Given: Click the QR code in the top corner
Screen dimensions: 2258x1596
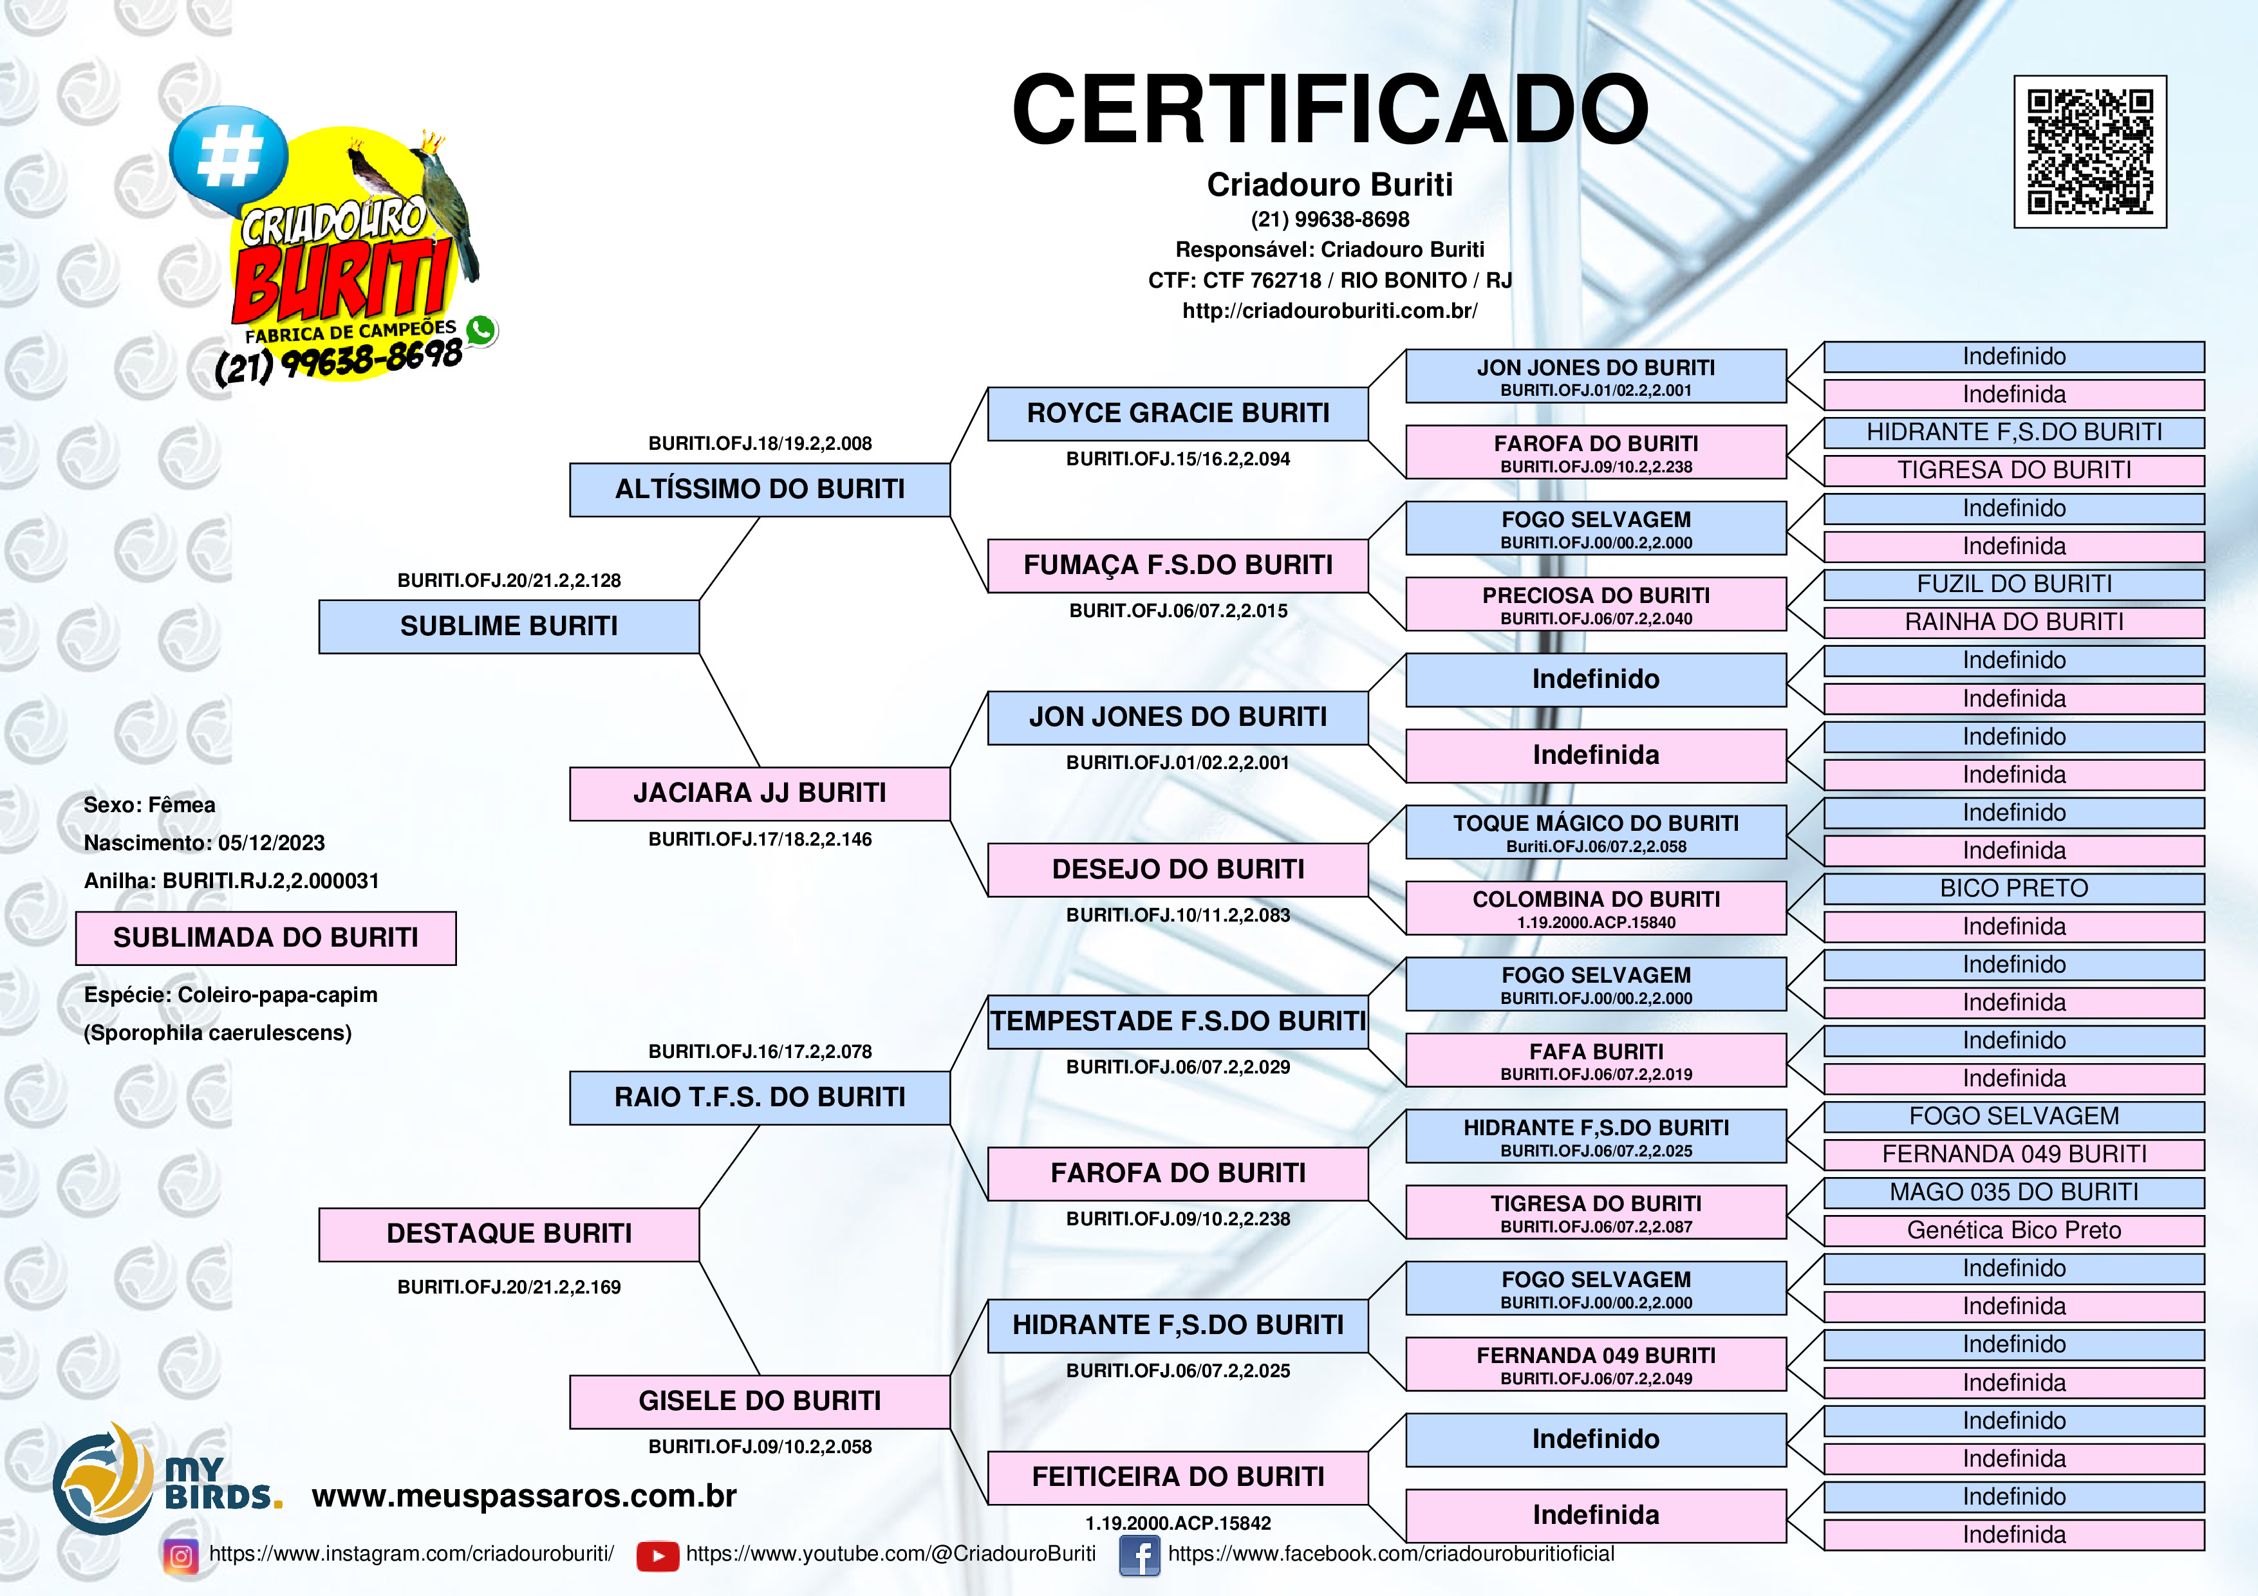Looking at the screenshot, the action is (2090, 151).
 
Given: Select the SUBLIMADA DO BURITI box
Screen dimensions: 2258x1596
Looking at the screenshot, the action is (266, 938).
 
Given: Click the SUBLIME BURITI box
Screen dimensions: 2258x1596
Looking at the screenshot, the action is (509, 626).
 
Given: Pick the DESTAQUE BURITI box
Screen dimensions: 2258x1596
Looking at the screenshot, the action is (509, 1234).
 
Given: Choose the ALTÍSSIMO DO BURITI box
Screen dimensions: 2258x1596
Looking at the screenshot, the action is (760, 490).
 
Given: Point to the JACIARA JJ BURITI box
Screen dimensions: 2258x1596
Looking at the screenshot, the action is (760, 793).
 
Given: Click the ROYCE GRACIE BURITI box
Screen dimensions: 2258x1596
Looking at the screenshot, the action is (1177, 414).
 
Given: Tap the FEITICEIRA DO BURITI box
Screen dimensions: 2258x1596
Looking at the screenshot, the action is (1177, 1477).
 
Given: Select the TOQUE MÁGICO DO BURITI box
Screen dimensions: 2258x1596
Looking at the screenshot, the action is (1596, 832).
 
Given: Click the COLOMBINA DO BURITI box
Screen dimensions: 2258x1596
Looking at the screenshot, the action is (1596, 907).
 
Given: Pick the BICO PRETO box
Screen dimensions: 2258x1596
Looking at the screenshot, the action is (2014, 889).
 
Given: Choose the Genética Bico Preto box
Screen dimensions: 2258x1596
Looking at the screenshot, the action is (2014, 1230).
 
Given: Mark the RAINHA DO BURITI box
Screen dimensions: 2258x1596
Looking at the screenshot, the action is (2014, 622).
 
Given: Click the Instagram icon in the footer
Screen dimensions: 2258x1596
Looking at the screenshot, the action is (181, 1555).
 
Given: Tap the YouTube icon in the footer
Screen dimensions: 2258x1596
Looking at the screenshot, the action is (658, 1555).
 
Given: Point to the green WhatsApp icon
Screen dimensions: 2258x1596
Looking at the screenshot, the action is (481, 330).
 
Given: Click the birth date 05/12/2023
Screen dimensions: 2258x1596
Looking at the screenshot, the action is (272, 843).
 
